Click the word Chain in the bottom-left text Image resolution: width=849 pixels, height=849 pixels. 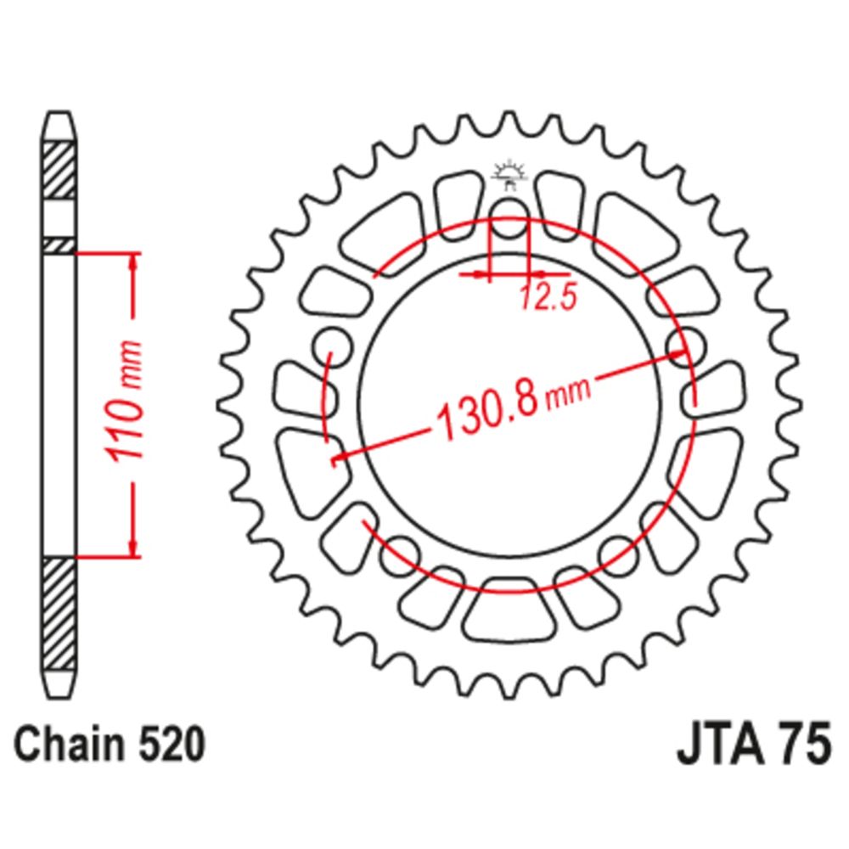click(70, 744)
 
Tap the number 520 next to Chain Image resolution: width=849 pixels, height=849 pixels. click(172, 744)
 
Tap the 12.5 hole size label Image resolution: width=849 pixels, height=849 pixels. click(548, 297)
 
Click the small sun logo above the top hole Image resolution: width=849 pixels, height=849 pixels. click(509, 174)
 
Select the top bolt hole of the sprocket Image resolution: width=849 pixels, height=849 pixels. click(509, 217)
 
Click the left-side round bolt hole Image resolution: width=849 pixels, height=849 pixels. click(332, 347)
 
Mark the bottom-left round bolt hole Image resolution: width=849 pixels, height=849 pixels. click(399, 555)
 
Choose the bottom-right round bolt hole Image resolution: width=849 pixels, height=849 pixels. click(620, 555)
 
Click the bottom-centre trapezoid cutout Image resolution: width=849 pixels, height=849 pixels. click(509, 610)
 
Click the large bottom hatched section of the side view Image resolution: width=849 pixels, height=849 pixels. click(59, 615)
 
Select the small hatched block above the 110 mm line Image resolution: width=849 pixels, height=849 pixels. click(59, 245)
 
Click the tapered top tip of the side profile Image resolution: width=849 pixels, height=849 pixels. click(59, 127)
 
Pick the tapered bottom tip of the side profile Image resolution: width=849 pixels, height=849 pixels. click(59, 685)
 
